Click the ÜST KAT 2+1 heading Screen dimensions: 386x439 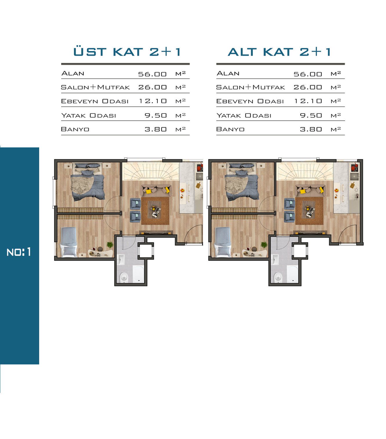point(127,52)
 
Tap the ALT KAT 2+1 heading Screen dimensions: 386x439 point(279,52)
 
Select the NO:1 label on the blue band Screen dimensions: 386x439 point(19,252)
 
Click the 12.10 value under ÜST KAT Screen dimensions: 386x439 point(153,101)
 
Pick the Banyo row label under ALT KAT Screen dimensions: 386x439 point(230,129)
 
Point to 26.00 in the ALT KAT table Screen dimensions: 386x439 point(308,87)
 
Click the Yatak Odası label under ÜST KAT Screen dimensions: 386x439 point(88,115)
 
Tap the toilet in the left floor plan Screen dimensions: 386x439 point(124,277)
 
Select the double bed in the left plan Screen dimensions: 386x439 point(88,182)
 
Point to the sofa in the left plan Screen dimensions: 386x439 point(156,190)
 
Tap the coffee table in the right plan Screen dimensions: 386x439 point(310,209)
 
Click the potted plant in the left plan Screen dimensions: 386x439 point(110,245)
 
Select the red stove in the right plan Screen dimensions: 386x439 point(355,167)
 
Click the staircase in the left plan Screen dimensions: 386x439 point(151,171)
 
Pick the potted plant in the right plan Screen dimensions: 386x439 point(264,245)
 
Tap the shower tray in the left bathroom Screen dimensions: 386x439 point(138,274)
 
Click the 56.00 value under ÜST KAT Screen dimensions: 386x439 point(153,74)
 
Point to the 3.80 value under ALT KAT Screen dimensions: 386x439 point(311,129)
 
